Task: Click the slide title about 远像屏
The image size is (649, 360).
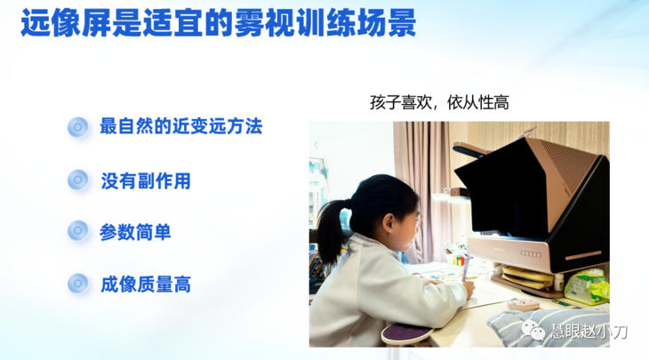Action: pyautogui.click(x=219, y=24)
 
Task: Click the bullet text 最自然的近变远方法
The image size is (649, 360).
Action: pyautogui.click(x=180, y=126)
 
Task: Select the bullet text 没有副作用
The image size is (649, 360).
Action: pyautogui.click(x=145, y=180)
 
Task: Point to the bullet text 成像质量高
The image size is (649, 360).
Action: pyautogui.click(x=145, y=284)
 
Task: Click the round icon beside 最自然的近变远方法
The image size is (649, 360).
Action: pyautogui.click(x=78, y=127)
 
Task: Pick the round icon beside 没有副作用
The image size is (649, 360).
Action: pyautogui.click(x=78, y=180)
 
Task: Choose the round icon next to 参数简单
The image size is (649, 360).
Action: pyautogui.click(x=78, y=232)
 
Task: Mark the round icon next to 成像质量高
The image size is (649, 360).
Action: pyautogui.click(x=78, y=284)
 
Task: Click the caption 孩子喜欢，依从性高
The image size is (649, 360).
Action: pyautogui.click(x=438, y=102)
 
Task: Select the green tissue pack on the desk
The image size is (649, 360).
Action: pyautogui.click(x=586, y=286)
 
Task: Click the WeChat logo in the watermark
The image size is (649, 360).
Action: pyautogui.click(x=536, y=332)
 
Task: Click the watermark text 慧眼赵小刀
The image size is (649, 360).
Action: pyautogui.click(x=589, y=332)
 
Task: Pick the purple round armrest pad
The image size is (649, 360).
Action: pyautogui.click(x=406, y=336)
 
